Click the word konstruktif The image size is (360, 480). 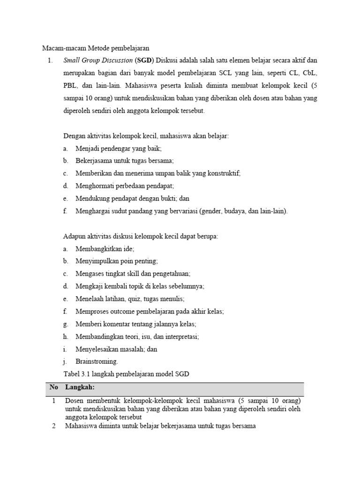(x=223, y=173)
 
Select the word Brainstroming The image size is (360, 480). (x=97, y=361)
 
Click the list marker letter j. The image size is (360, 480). (x=65, y=361)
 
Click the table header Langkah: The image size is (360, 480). (x=80, y=387)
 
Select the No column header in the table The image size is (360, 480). (x=53, y=387)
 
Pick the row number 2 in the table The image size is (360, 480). (x=53, y=426)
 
